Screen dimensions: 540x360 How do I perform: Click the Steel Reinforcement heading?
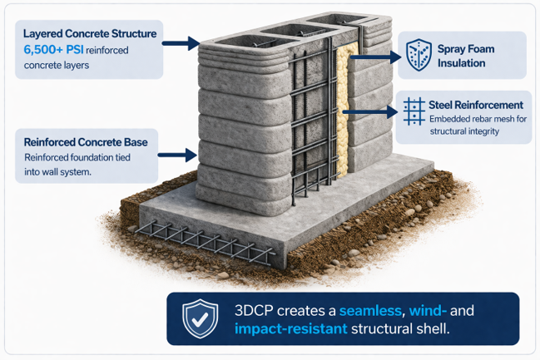point(476,106)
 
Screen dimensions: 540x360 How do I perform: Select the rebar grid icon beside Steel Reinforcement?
point(414,111)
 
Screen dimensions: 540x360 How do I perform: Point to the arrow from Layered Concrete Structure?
point(185,41)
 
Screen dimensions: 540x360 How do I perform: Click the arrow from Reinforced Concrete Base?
point(181,153)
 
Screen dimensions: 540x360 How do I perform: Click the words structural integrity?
point(463,131)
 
